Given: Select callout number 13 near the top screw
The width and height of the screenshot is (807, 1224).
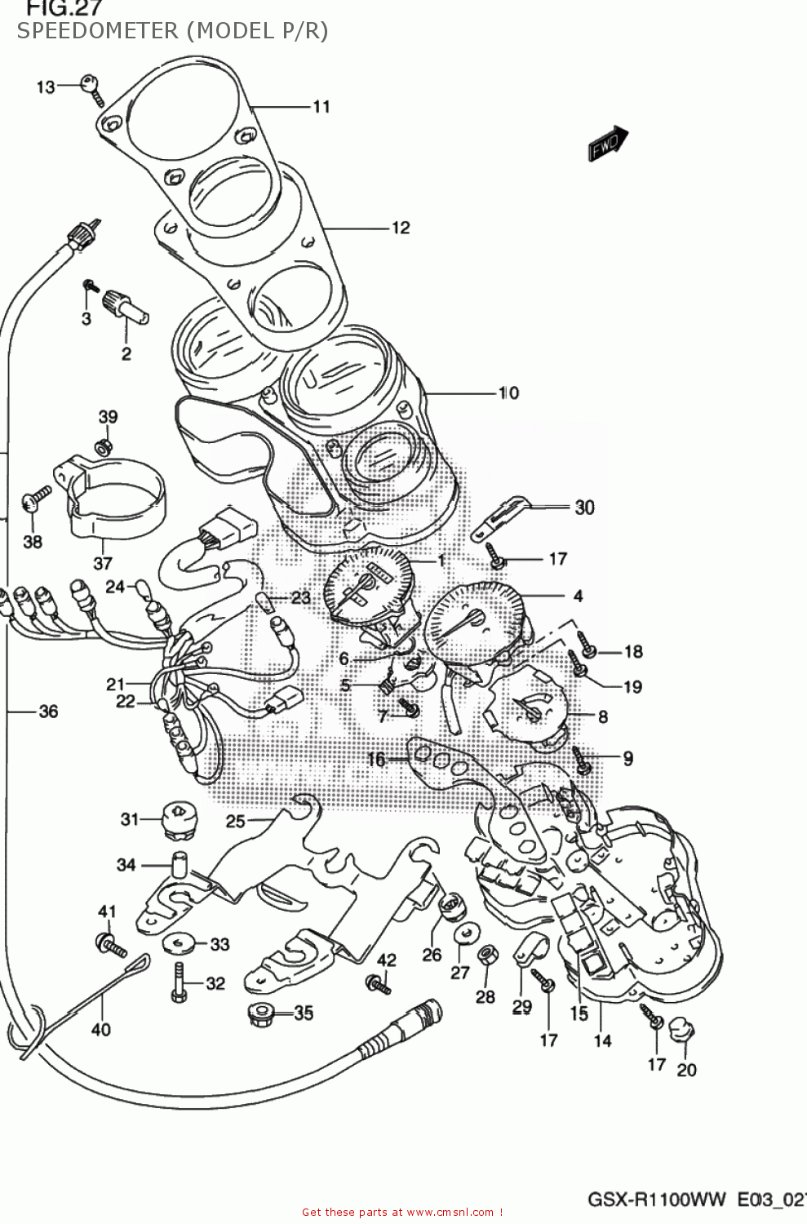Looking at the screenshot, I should [46, 87].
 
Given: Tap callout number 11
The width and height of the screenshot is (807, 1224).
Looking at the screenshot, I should [321, 107].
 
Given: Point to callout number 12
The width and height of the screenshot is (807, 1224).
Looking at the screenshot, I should [401, 228].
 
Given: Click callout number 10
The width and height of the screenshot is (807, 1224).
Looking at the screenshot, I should [508, 393].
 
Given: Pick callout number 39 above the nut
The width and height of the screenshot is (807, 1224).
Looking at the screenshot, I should [108, 417].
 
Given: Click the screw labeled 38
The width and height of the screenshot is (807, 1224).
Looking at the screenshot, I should [37, 497].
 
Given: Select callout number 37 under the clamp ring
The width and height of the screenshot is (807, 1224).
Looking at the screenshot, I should [103, 563].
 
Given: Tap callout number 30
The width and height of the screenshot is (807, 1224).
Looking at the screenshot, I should [584, 508].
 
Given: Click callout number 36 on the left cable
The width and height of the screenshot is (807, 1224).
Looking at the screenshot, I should [48, 712].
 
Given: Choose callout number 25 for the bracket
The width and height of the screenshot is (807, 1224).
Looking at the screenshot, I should [235, 821].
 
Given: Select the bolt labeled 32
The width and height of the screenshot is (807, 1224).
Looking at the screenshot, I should [179, 983].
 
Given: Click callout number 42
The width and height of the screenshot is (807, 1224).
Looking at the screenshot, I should [386, 960].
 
